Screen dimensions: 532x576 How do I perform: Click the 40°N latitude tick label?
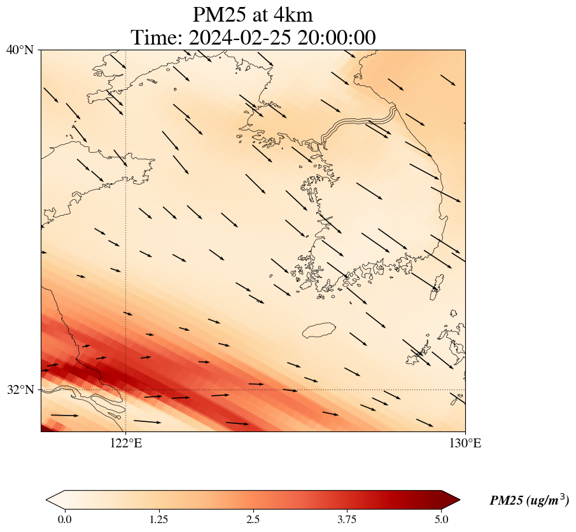point(20,50)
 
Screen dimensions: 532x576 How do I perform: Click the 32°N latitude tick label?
point(20,389)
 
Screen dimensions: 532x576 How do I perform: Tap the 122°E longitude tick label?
point(126,444)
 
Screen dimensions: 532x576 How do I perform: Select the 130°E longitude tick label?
point(465,444)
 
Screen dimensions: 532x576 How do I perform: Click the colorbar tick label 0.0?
point(64,519)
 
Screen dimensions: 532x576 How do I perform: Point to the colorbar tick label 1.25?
point(158,519)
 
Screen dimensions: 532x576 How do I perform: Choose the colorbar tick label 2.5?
point(253,519)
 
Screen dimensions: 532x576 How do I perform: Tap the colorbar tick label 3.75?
point(348,519)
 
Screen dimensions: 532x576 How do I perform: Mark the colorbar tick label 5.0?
point(442,519)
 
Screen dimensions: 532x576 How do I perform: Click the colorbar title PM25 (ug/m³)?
point(529,501)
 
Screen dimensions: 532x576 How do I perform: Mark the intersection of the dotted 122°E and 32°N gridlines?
point(126,389)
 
